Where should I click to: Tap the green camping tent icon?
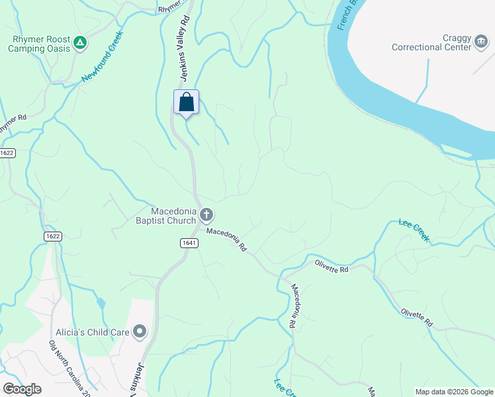point(80,43)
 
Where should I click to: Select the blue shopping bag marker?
point(187,103)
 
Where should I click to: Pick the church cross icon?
point(206,214)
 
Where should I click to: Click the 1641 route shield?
point(189,243)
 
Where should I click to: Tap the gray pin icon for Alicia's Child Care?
point(140,331)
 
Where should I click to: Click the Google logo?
point(22,389)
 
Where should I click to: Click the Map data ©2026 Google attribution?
point(453,392)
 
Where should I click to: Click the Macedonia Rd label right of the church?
point(226,240)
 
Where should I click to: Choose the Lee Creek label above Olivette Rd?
point(415,230)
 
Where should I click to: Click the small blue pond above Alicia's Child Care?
point(101,304)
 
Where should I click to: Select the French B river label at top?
point(347,15)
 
